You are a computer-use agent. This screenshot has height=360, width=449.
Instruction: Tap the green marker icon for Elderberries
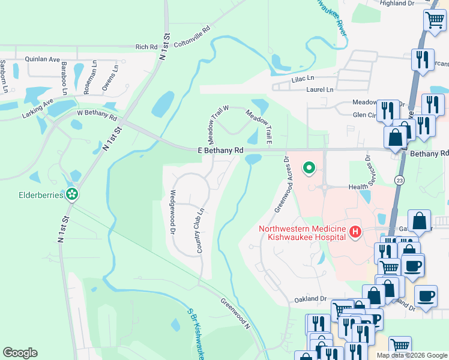coord(72,194)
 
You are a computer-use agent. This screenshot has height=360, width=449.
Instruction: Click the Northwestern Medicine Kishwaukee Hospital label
coord(303,232)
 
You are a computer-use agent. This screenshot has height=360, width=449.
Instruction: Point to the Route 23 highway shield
coord(399,180)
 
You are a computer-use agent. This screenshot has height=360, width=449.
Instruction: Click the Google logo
coord(20,353)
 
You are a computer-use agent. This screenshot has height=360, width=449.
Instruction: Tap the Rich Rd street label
coord(146,47)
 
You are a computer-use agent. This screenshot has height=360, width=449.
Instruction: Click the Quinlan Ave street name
coord(42,59)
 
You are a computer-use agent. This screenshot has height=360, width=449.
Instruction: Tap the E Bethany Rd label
coord(220,150)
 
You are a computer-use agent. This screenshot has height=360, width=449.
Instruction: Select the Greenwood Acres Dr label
coord(282,185)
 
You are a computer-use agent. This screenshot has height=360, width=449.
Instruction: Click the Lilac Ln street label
coord(303,79)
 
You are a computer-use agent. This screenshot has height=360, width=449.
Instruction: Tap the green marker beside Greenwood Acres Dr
coord(309,167)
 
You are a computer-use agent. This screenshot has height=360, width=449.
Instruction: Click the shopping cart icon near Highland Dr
coord(435,20)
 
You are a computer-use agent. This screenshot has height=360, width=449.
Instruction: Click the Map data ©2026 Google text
coord(411,355)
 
